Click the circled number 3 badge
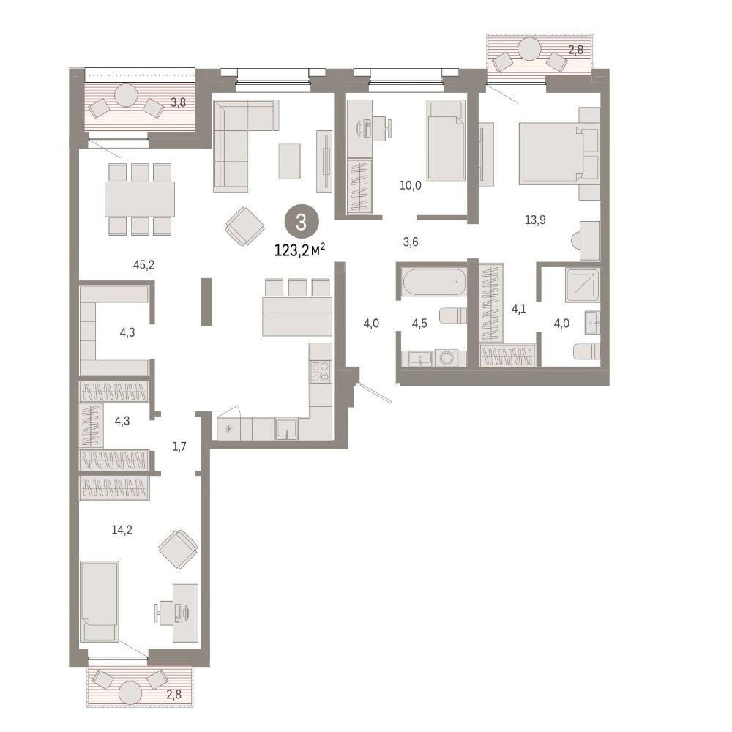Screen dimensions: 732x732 click(301, 222)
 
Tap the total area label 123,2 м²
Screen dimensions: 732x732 click(299, 250)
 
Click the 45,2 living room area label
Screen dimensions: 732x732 click(143, 265)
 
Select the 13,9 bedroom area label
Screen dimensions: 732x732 click(536, 220)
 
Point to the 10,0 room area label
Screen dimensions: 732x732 click(411, 185)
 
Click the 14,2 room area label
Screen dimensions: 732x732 click(122, 529)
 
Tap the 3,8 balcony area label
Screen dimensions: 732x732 click(178, 102)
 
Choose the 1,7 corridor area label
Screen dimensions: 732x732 click(179, 447)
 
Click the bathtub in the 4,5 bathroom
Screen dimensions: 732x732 click(433, 282)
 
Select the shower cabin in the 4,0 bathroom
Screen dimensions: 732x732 click(582, 285)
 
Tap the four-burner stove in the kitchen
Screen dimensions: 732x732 click(321, 371)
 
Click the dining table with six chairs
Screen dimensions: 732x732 click(140, 199)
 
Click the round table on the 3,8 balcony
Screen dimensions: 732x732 click(126, 95)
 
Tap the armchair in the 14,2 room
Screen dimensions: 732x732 click(178, 549)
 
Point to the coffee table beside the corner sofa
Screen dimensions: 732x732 click(289, 161)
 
